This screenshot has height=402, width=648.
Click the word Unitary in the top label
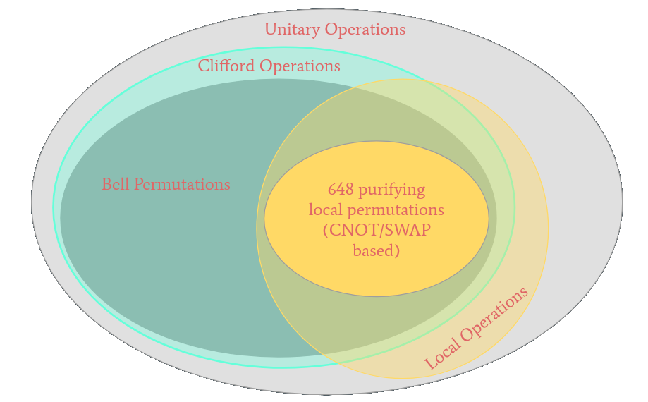[290, 30]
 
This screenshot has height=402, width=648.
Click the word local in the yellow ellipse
[324, 210]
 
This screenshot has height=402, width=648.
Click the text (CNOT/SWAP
[377, 231]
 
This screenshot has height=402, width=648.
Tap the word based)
[377, 250]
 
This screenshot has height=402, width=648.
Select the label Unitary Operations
[335, 30]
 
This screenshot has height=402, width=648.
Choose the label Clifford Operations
[269, 66]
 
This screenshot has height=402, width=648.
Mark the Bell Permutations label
[166, 185]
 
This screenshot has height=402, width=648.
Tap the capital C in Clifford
[203, 66]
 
